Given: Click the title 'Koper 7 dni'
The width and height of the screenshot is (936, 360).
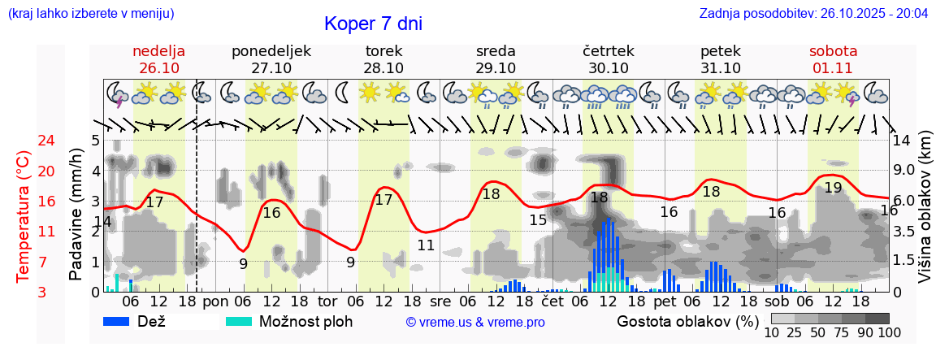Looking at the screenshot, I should [x=373, y=24].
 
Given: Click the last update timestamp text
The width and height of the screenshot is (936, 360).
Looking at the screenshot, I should [x=813, y=13].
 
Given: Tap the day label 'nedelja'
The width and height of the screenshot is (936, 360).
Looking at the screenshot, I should [x=159, y=50].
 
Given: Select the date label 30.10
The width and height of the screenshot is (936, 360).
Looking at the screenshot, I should [x=609, y=68].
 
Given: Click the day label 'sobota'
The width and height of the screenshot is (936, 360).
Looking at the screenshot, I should [x=833, y=50].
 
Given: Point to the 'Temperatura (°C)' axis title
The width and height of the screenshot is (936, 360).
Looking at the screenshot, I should [x=24, y=216].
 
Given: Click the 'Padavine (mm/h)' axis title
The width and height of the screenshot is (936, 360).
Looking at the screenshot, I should [x=76, y=214].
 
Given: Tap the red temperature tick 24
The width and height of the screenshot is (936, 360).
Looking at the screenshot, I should [x=24, y=141].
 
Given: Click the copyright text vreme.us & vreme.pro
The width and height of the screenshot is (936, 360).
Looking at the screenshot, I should [x=475, y=323].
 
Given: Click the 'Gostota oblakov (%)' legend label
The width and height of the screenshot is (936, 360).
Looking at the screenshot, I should [x=687, y=321].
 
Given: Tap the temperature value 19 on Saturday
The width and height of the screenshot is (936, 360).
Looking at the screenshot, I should [x=833, y=188].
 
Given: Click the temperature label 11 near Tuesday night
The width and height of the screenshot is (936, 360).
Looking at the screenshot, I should [x=426, y=245].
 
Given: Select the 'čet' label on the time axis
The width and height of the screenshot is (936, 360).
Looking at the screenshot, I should [x=552, y=301].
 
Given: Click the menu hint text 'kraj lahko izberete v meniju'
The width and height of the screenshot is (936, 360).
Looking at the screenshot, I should [x=90, y=13].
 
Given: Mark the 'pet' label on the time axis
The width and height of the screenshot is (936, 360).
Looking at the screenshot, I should [x=665, y=301].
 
